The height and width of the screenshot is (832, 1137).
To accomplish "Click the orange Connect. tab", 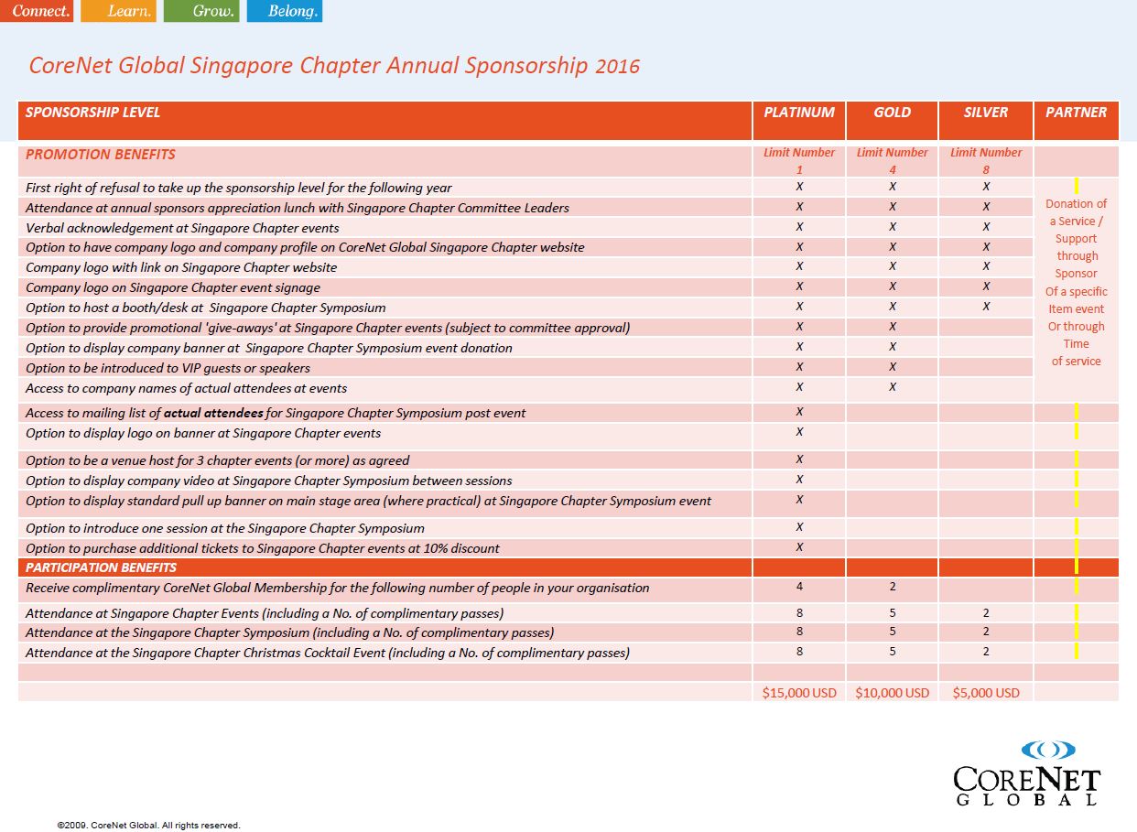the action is (37, 11).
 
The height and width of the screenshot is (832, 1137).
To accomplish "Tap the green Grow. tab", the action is (201, 11).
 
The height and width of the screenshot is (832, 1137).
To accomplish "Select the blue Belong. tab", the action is (284, 11).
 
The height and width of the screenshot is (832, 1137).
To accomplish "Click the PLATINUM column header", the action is (799, 113).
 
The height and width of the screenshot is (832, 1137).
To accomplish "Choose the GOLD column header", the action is (892, 113).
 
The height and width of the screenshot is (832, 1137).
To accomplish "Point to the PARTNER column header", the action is (1076, 113).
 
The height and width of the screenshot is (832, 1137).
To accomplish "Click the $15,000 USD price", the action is (799, 693).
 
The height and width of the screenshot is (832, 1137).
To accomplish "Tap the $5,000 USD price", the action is (986, 693).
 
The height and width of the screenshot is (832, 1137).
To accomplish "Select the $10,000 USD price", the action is (892, 693).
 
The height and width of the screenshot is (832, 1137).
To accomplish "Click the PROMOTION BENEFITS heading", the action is (101, 155).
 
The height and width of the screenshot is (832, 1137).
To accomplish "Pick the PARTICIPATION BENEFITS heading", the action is (101, 567).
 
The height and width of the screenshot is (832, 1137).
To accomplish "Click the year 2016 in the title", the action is (617, 67).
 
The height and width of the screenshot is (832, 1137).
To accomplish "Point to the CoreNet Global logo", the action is (1027, 773).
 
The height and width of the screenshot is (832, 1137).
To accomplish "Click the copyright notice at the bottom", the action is (148, 825).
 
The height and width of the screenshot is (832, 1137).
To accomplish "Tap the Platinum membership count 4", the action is (799, 587).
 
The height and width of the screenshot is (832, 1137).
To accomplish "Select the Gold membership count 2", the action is (893, 587).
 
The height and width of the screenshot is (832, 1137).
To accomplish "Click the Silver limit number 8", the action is (986, 169).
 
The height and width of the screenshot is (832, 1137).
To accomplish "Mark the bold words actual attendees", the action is (213, 413).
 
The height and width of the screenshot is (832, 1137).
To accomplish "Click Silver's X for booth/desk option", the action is (986, 307).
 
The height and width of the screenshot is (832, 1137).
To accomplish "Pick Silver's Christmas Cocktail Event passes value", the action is (986, 652).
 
